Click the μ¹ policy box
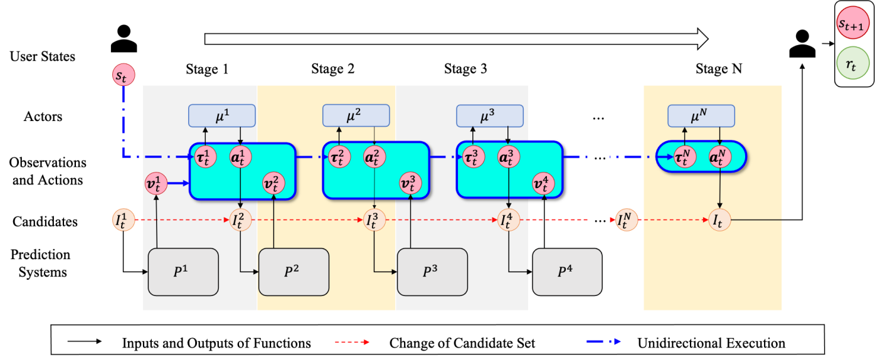coord(222,115)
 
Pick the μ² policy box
coord(356,115)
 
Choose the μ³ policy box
coord(489,115)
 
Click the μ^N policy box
coord(701,115)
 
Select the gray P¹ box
coord(183,272)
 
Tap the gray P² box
coord(294,272)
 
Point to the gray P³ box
coord(432,272)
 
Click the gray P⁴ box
coord(567,272)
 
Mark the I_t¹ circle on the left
coord(124,220)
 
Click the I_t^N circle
coord(626,220)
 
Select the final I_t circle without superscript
coord(719,220)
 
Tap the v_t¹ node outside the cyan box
coord(156,184)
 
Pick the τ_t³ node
coord(472,157)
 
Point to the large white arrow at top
coord(456,39)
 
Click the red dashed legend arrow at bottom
coord(352,342)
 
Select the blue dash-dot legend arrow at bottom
coord(603,342)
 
